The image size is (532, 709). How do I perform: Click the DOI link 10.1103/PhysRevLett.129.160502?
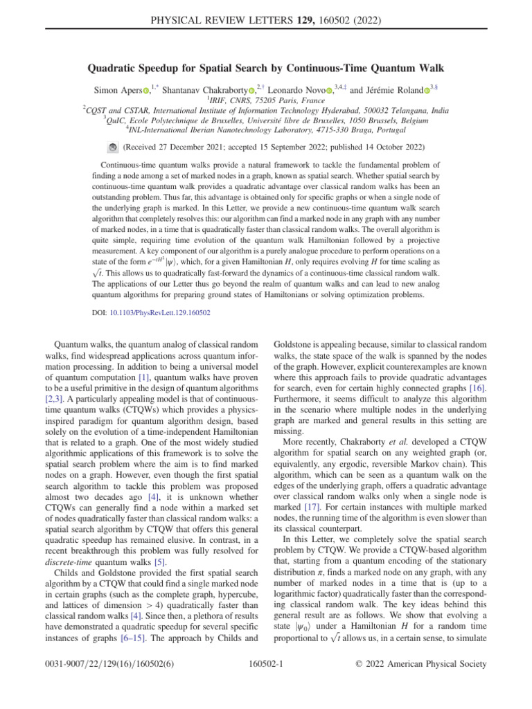(x=161, y=313)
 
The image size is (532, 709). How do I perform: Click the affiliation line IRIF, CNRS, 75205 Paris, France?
(x=265, y=100)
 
